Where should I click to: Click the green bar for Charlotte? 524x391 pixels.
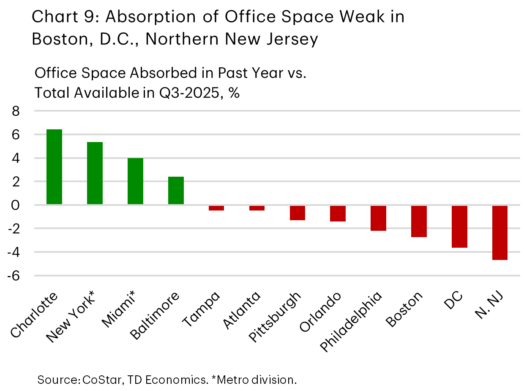click(54, 167)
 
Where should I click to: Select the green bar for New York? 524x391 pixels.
click(95, 173)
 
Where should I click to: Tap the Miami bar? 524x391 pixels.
click(135, 181)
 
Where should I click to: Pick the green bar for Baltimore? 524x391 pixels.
click(176, 191)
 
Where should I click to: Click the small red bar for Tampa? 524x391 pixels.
click(216, 208)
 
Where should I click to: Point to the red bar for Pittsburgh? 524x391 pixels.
click(297, 213)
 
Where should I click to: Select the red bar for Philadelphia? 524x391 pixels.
click(378, 218)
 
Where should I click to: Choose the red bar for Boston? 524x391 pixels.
click(419, 221)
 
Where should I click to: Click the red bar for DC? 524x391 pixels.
click(459, 227)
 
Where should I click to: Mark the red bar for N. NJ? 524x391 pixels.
click(499, 233)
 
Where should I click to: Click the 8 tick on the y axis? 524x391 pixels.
click(16, 112)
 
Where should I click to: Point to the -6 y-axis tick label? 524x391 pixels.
click(14, 276)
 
